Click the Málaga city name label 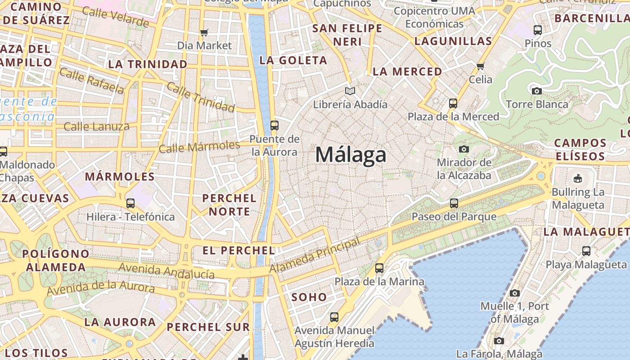[351, 155]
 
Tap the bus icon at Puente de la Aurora [274, 126]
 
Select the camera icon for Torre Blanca [536, 91]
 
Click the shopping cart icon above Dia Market [204, 32]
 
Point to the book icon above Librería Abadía [350, 91]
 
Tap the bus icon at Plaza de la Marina [379, 268]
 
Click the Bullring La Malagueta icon [578, 178]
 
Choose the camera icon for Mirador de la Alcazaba [464, 149]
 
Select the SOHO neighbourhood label [309, 297]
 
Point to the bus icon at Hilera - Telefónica [130, 203]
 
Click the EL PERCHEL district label [238, 251]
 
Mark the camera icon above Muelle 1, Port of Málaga [514, 293]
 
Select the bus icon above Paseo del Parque [454, 203]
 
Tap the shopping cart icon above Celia [480, 67]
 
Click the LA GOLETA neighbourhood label [293, 60]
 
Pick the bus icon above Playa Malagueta [586, 251]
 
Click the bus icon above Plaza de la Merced [453, 103]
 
